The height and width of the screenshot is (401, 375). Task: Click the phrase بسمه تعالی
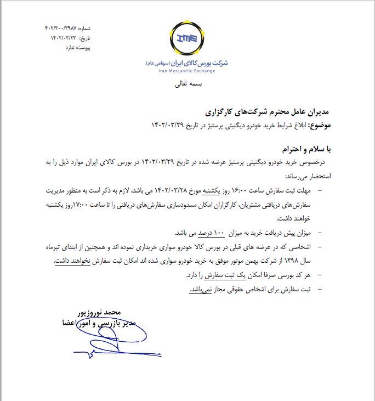[x=188, y=85]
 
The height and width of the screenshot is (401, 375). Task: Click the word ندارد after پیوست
[x=66, y=48]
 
